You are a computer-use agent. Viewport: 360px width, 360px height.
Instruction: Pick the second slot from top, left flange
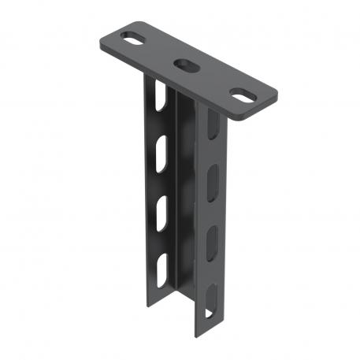pos(160,149)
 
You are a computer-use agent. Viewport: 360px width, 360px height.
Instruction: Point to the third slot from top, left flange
pos(160,210)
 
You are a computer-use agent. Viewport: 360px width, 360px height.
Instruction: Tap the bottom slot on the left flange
pos(160,268)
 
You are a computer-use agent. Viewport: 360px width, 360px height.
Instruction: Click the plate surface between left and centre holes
pos(160,51)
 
